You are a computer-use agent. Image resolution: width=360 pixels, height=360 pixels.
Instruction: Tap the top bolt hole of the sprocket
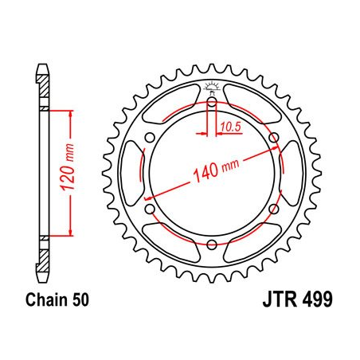[212, 102]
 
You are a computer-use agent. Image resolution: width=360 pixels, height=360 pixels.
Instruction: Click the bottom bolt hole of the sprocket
[212, 245]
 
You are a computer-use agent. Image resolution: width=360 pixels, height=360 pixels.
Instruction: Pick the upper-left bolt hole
[151, 139]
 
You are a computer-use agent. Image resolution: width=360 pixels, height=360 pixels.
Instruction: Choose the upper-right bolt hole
[274, 139]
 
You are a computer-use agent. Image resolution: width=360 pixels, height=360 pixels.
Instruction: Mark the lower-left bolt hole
[151, 209]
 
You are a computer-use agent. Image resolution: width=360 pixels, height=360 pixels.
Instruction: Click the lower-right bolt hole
[274, 209]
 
